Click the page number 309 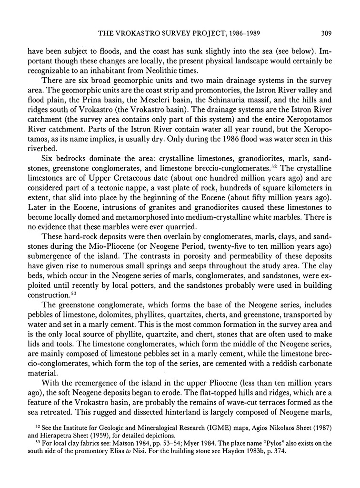326,33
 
